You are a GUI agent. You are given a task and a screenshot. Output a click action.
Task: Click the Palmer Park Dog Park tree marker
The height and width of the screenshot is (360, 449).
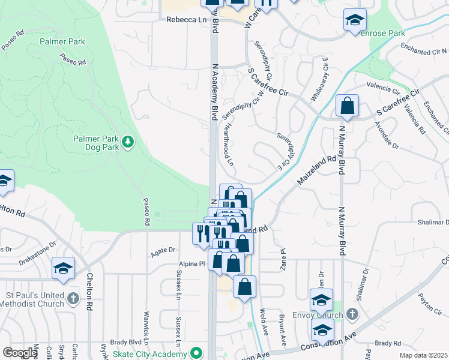click(x=127, y=142)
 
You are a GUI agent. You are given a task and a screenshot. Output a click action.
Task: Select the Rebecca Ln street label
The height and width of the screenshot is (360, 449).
click(x=186, y=19)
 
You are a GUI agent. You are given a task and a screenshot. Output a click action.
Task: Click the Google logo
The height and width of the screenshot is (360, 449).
click(x=20, y=353)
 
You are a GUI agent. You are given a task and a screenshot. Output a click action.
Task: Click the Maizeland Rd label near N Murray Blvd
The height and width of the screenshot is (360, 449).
click(x=316, y=172)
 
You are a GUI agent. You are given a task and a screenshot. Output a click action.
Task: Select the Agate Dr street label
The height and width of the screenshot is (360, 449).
click(x=163, y=250)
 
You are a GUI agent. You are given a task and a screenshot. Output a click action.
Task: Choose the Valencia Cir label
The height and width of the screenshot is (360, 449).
click(x=387, y=89)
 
